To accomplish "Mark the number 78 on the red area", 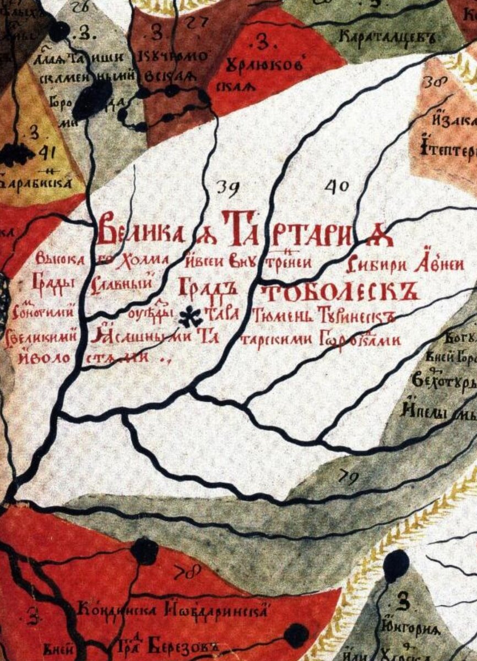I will tap(188, 573).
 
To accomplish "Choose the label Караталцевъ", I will tap(388, 39).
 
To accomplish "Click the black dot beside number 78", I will tap(145, 550).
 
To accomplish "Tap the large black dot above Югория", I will tap(396, 565).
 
